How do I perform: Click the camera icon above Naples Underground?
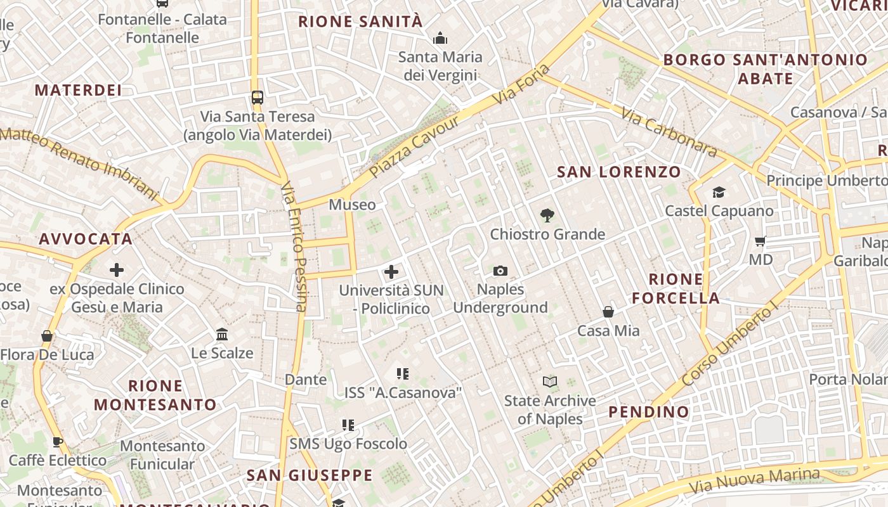coord(500,271)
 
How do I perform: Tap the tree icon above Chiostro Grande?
coord(547,215)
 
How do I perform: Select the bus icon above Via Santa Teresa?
coord(258,98)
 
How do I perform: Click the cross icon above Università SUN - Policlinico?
coord(391,273)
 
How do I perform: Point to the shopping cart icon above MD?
coord(761,241)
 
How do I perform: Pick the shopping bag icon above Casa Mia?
coord(608,312)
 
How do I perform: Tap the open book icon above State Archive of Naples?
coord(550,382)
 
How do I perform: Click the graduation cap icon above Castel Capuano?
coord(719,192)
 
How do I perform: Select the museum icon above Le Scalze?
coord(222,334)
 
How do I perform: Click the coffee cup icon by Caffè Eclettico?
coord(58,442)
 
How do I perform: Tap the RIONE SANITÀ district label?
coord(360,22)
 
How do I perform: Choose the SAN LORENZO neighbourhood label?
coord(618,172)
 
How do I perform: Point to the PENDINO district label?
coord(648,412)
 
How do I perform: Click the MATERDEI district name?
coord(78,90)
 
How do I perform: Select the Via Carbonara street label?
coord(669,132)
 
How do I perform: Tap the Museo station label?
coord(352,205)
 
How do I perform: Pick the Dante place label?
coord(306,380)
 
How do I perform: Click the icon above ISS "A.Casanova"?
coord(403,374)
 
